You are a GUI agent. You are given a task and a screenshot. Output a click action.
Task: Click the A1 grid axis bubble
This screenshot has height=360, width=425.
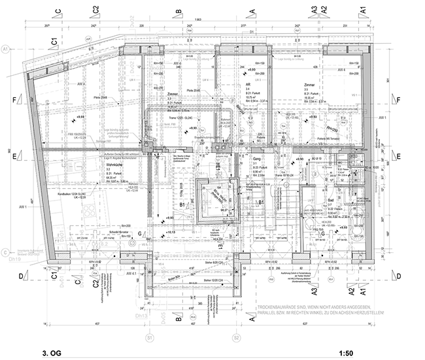[6, 49]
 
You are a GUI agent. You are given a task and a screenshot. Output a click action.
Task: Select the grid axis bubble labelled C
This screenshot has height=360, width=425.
[6, 252]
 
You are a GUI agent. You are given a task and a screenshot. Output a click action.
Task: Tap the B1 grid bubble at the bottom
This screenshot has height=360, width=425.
[149, 338]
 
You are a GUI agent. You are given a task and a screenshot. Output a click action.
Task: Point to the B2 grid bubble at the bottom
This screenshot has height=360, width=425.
[236, 338]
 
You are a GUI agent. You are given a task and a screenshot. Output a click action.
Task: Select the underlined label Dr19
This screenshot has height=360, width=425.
[14, 259]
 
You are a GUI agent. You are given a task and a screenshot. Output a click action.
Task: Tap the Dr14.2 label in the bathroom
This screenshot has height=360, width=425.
[357, 239]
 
